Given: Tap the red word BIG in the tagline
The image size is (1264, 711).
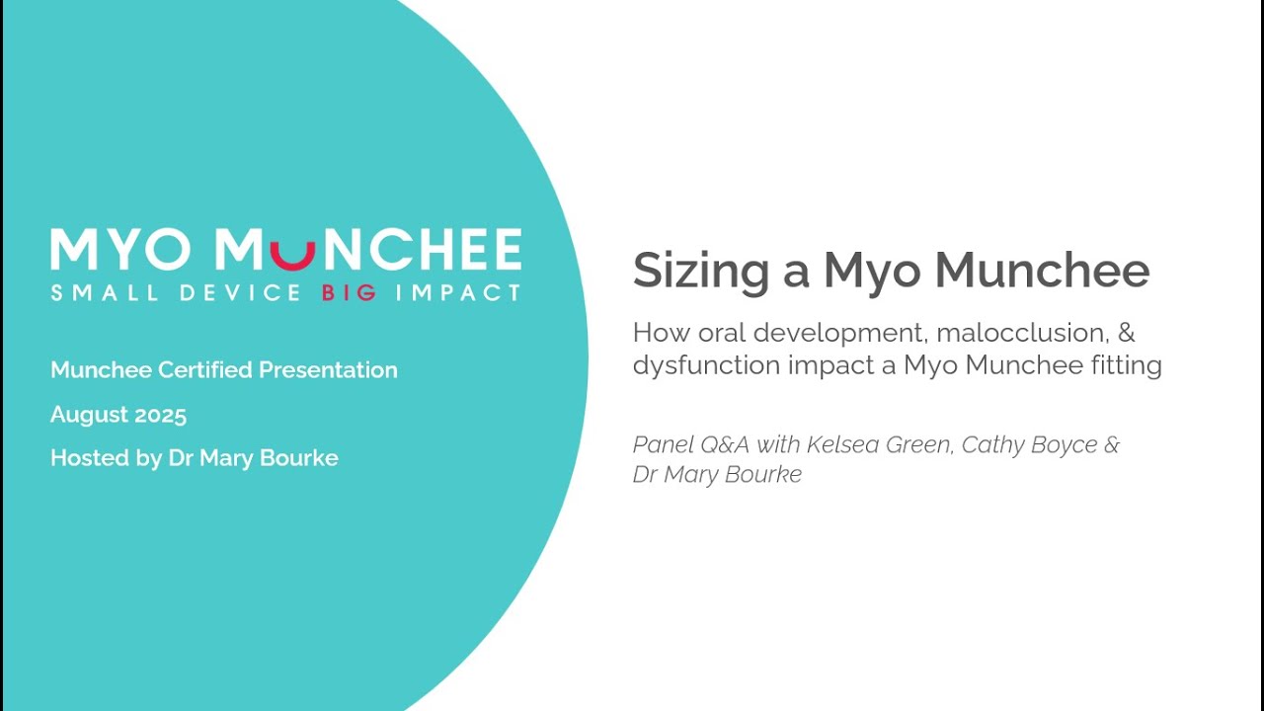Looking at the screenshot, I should (x=349, y=293).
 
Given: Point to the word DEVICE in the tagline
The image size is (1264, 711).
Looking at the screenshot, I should (x=240, y=293).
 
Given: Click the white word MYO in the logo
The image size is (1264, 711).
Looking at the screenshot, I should (x=121, y=251).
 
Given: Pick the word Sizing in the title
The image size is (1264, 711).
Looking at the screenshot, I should (x=701, y=271).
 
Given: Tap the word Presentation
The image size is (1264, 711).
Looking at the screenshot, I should (x=328, y=370).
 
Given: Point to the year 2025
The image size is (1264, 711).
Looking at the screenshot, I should (x=161, y=415).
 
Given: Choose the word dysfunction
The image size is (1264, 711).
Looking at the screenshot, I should (x=707, y=365).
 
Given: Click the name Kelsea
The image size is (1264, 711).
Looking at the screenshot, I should (x=841, y=444).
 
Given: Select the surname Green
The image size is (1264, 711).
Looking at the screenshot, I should (x=917, y=444).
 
